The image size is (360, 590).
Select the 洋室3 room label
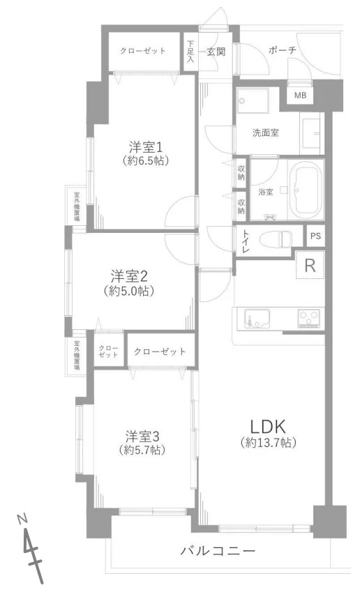(143, 437)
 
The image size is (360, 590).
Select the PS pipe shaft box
(316, 236)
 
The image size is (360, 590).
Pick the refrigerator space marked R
(310, 265)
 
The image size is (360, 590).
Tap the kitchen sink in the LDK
(256, 319)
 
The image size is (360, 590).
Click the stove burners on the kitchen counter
(308, 318)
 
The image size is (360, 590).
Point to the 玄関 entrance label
(216, 52)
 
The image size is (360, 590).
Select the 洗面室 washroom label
(266, 133)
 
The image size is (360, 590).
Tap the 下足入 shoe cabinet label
(190, 51)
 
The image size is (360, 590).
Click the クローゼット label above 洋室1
(143, 51)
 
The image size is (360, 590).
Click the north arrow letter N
(23, 519)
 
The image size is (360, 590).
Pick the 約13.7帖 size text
(269, 444)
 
